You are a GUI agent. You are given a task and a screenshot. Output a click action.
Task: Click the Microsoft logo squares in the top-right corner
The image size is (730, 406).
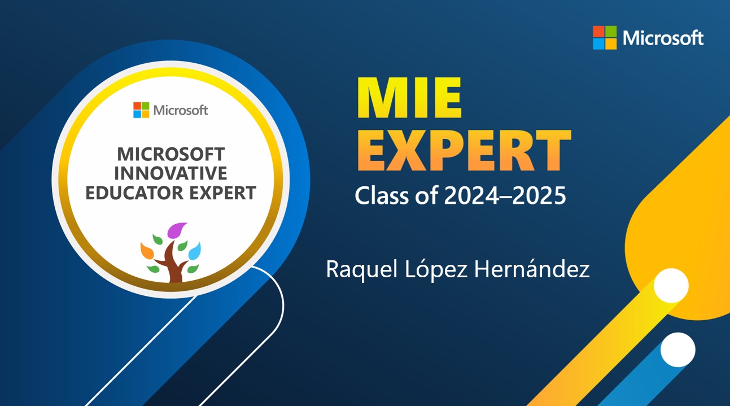click(x=605, y=37)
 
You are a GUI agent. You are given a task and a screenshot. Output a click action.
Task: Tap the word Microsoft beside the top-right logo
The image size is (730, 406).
click(x=663, y=38)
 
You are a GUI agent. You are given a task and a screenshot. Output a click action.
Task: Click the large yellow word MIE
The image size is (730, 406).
click(x=410, y=98)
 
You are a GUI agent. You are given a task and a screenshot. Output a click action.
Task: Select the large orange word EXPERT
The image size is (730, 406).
click(x=465, y=150)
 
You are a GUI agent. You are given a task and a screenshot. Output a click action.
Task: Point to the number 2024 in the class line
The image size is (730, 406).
click(x=471, y=195)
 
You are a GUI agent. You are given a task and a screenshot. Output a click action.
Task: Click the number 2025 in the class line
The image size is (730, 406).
click(x=539, y=195)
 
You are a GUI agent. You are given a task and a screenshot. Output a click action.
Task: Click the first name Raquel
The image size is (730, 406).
click(x=362, y=269)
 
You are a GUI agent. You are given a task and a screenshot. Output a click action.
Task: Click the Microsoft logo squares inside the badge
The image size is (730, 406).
click(x=141, y=110)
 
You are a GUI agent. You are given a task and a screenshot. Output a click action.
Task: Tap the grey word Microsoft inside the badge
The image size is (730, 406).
click(x=181, y=110)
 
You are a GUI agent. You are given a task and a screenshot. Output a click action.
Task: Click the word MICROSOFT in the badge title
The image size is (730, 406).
click(x=171, y=154)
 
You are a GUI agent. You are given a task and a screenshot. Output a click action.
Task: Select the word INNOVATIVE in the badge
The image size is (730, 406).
click(x=171, y=173)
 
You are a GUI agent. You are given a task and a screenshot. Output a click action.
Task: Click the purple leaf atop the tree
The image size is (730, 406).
click(x=176, y=230)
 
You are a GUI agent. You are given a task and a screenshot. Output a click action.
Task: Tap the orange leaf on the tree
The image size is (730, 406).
click(x=147, y=251)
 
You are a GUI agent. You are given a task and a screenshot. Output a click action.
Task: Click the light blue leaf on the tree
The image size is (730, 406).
click(x=195, y=251)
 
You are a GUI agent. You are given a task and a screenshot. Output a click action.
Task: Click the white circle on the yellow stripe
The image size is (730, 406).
click(x=671, y=286)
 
